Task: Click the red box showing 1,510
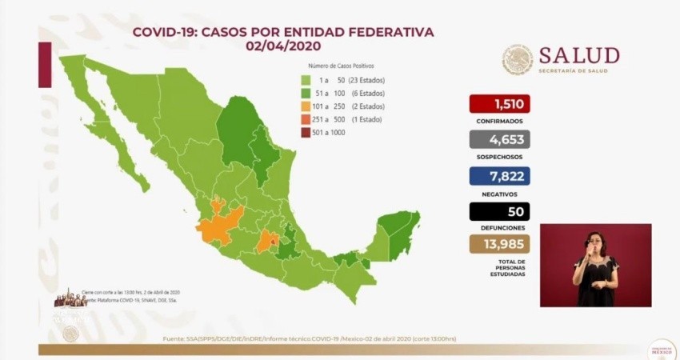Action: pos(499,104)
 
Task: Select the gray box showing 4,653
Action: pos(499,140)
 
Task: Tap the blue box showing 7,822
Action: pos(499,176)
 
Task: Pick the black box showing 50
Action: pos(499,212)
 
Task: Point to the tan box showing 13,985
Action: pos(499,244)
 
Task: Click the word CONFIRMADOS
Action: pos(499,122)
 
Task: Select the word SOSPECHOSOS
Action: pos(499,158)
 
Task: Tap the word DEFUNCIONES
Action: pos(499,227)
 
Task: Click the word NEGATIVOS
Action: pos(499,194)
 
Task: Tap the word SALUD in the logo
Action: pos(578,55)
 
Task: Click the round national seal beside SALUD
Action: pos(518,60)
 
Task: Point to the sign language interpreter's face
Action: pos(594,242)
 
